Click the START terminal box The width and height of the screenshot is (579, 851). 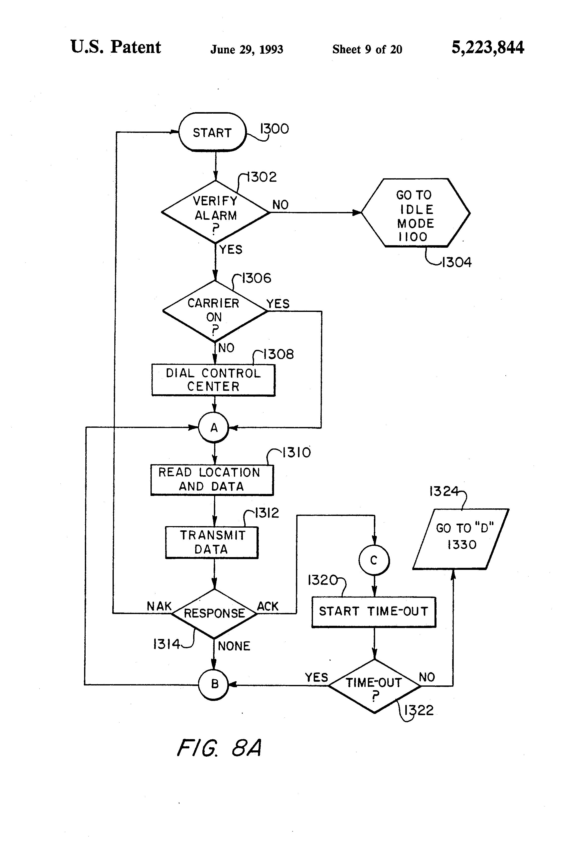(212, 132)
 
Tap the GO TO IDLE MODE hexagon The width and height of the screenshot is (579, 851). (415, 213)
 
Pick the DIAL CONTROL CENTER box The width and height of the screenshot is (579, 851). (213, 380)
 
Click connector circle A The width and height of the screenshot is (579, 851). (214, 427)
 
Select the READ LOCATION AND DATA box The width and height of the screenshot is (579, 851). (212, 480)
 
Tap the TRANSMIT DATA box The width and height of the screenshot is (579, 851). (212, 542)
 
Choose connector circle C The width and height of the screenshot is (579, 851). (374, 560)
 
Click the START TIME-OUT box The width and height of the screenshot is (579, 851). (374, 612)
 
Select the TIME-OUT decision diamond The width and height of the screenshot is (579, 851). (374, 686)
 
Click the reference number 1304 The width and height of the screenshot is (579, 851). (457, 262)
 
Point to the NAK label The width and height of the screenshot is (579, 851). (159, 606)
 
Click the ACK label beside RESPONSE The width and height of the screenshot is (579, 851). (268, 606)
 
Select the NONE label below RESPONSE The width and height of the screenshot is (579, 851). (234, 646)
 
